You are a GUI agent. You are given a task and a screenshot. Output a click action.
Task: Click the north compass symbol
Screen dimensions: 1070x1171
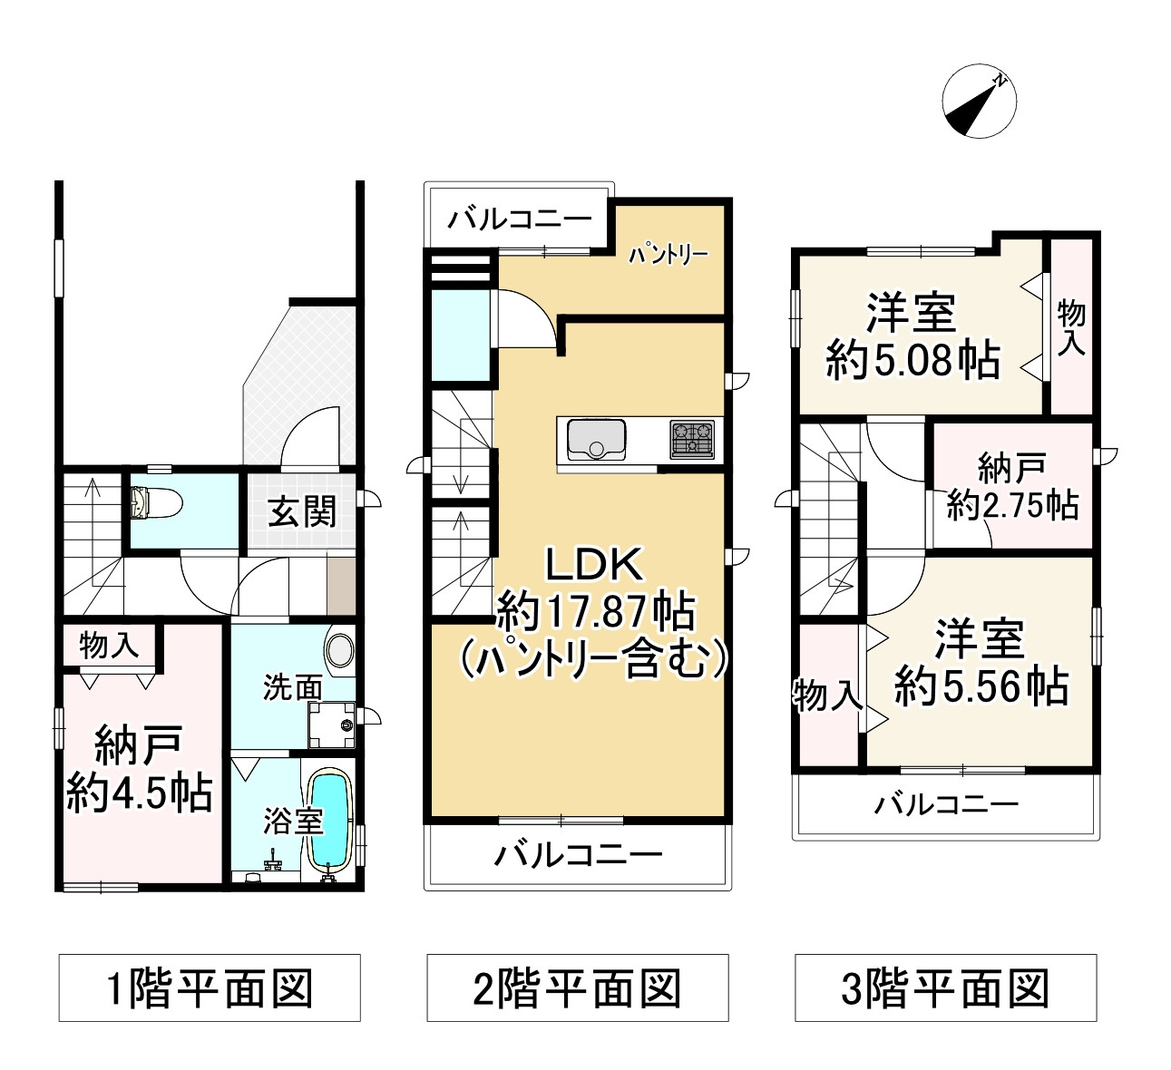[x=979, y=102]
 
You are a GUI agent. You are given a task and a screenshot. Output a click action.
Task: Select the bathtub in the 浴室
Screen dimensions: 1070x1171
[x=329, y=819]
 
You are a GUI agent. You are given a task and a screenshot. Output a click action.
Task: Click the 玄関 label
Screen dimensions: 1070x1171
[x=302, y=512]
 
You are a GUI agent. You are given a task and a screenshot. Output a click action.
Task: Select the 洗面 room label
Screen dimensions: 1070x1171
[x=292, y=687]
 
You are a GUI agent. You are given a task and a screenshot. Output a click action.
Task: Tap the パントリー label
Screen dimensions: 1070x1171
[x=668, y=255]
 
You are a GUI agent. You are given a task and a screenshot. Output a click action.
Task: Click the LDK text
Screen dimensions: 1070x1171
[x=594, y=565]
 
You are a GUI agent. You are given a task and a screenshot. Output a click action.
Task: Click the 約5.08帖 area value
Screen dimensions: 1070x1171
[x=912, y=360]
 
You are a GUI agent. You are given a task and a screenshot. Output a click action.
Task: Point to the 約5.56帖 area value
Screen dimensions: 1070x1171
[x=981, y=686]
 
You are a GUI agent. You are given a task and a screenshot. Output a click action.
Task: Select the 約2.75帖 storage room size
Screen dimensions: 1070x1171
[x=1012, y=504]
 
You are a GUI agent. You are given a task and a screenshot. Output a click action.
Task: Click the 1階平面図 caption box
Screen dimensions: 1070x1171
[x=210, y=987]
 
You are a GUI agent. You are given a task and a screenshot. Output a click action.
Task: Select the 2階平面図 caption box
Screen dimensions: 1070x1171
[x=578, y=987]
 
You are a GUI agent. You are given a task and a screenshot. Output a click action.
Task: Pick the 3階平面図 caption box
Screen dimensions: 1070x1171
[x=946, y=987]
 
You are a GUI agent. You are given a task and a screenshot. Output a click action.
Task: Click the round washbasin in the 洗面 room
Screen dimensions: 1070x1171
[x=340, y=651]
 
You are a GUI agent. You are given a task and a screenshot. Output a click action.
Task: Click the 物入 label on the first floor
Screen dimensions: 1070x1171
[x=109, y=646]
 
